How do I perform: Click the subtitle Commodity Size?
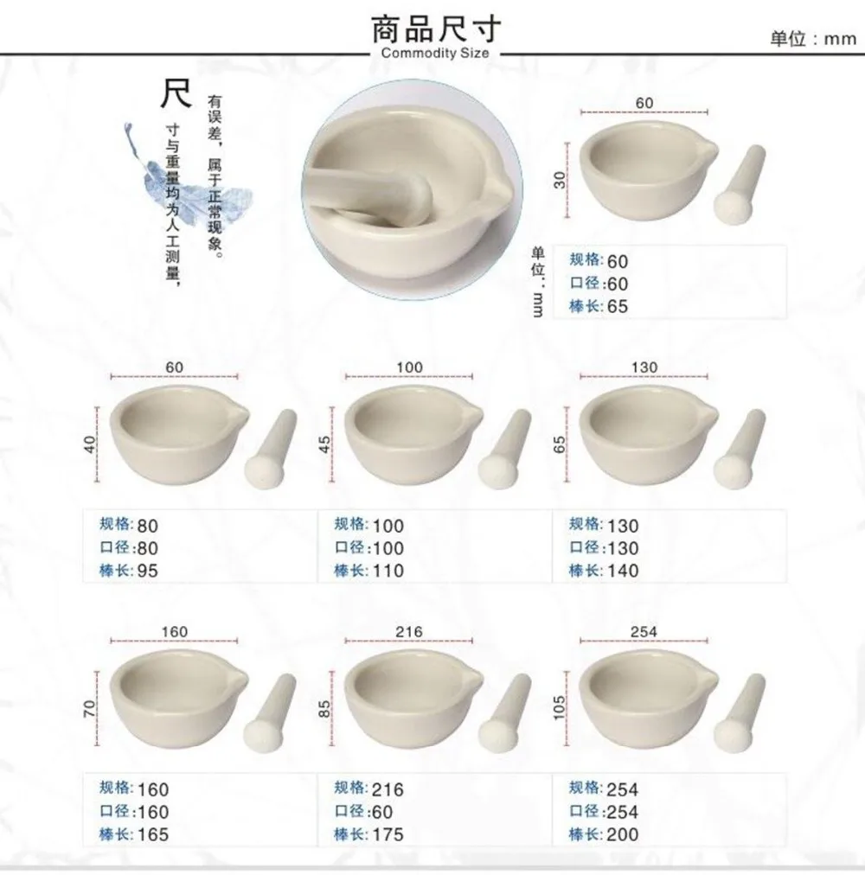435,54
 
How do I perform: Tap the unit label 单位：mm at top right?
812,40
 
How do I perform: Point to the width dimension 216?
409,631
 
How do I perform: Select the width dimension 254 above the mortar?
644,631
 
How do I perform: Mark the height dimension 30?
559,179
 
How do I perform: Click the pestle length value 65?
618,307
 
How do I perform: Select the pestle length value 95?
148,571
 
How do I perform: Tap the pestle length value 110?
388,571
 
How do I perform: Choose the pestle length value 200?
622,834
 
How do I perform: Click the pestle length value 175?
388,834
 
